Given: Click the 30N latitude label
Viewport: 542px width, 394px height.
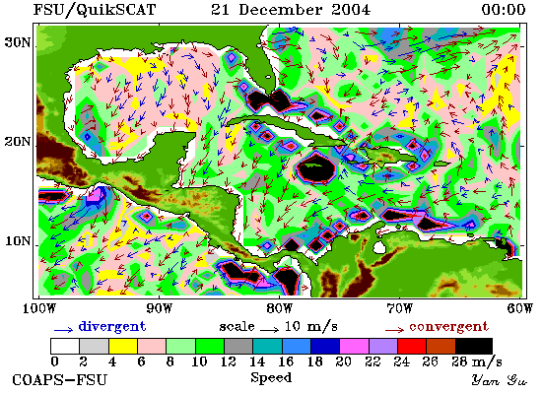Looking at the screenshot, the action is tap(17, 42).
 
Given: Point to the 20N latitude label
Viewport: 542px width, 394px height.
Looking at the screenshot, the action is tap(17, 142).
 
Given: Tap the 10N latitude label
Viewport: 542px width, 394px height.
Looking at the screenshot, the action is tap(17, 241).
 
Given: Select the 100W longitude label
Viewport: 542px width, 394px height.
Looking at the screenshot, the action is tap(39, 308).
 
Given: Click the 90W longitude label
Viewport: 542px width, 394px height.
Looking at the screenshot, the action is tap(160, 308).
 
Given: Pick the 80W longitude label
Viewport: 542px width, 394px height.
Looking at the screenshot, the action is tap(279, 308).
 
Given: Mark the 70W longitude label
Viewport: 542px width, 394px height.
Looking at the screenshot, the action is tap(399, 308).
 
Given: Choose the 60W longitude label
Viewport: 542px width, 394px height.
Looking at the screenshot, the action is tap(520, 308).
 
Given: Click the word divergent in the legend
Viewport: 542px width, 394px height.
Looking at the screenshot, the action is tap(112, 326).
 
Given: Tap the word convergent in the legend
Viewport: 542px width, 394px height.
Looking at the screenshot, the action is tap(449, 327).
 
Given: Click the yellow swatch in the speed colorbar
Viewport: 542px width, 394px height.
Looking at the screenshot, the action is tap(123, 347).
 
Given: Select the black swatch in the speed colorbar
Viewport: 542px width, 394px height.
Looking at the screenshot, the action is tap(474, 347).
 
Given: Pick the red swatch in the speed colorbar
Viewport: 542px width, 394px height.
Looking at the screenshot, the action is tap(412, 347).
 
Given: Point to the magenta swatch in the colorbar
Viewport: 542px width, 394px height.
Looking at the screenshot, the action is tap(354, 347).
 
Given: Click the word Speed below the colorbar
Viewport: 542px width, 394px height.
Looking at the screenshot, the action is tap(271, 378).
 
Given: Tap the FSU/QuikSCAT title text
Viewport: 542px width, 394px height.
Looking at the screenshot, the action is tap(95, 10).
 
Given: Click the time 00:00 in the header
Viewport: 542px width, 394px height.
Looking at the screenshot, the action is tap(504, 9).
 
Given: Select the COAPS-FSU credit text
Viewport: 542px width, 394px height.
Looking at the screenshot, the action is tap(59, 380).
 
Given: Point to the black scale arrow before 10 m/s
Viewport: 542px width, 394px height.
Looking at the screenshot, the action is tap(270, 330).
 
